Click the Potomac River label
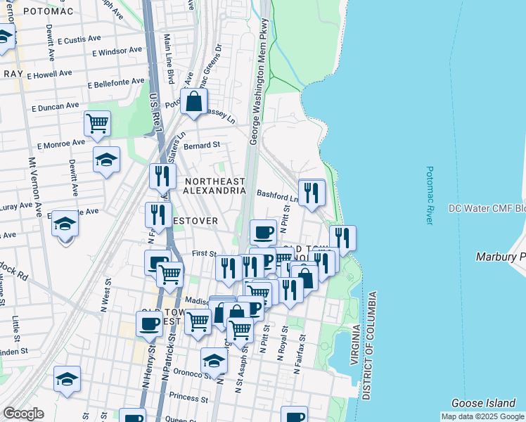point(429,196)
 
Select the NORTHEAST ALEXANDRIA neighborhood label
point(214,186)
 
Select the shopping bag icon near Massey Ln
point(193,102)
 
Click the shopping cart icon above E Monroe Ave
point(97,124)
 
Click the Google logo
point(23,414)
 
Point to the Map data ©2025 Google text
point(482,416)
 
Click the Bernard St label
point(202,145)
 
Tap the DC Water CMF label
point(487,209)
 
